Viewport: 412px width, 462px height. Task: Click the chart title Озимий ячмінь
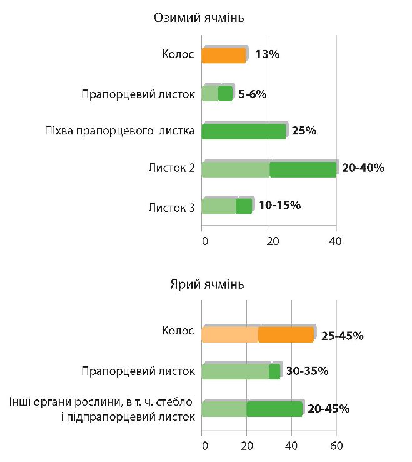(198, 18)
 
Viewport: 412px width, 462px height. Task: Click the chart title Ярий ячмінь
(207, 285)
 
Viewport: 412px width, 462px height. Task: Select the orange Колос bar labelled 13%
(224, 56)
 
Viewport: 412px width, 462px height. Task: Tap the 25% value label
(304, 131)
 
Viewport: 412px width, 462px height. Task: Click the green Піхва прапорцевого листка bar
(244, 132)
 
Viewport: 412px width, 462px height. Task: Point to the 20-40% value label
(363, 168)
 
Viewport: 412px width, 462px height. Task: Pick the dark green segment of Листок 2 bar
(303, 169)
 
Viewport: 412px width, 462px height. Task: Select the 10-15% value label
(279, 205)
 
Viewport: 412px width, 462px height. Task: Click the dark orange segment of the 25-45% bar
(286, 335)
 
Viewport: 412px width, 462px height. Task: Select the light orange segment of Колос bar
(230, 335)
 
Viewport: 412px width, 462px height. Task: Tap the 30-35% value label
(307, 371)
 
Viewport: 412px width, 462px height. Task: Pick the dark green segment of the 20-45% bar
(274, 409)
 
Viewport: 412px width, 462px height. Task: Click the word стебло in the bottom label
(176, 401)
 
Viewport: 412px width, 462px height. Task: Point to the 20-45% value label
(328, 409)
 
